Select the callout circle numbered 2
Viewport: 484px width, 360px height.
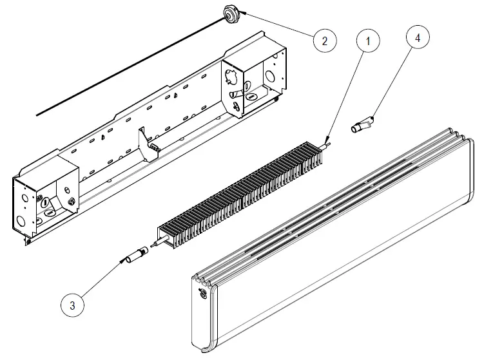tap(325, 41)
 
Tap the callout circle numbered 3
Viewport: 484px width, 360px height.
tap(72, 305)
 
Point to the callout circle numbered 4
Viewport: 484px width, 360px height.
tap(418, 38)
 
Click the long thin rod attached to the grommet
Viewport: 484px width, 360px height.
tap(129, 64)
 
